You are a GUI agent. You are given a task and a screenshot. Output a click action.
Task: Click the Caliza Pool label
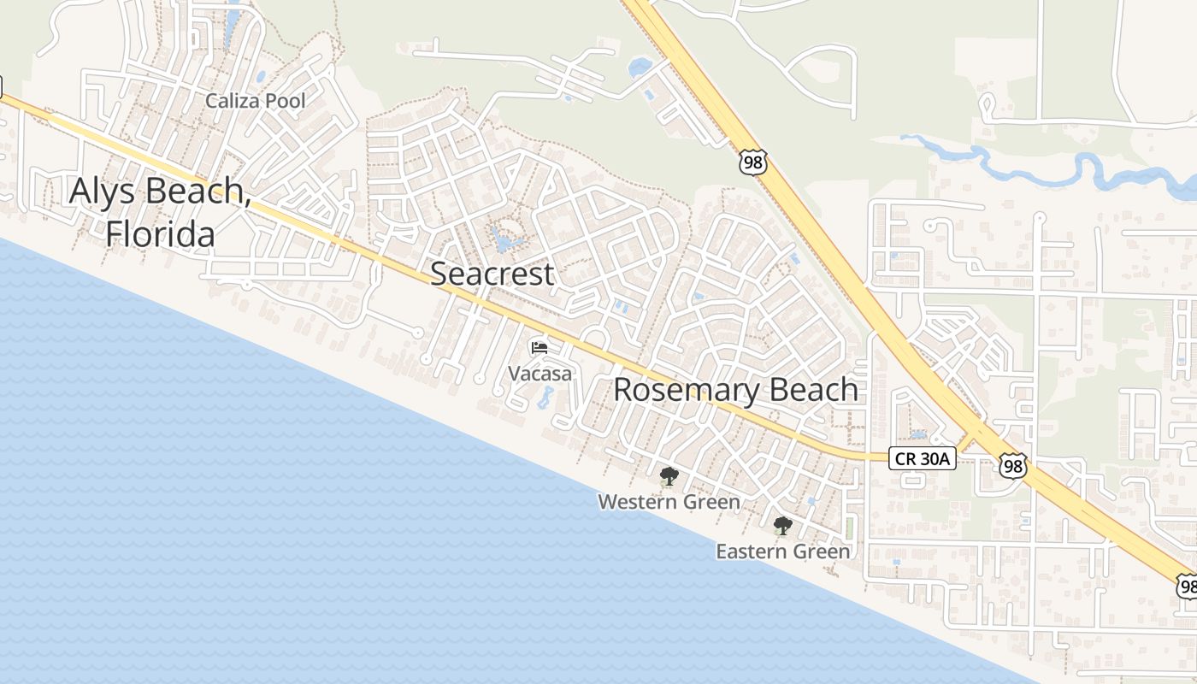(255, 101)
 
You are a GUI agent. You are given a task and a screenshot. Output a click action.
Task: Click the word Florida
(160, 233)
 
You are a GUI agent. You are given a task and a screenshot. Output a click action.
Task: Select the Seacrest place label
(492, 274)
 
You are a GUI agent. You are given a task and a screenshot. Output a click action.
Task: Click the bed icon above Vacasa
(540, 347)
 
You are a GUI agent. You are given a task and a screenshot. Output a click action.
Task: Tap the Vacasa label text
(540, 374)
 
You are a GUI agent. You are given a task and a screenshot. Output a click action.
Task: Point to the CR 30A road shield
(922, 459)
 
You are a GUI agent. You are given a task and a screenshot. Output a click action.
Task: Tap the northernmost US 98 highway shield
(753, 162)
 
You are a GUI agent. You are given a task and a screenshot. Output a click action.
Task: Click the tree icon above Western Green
(669, 476)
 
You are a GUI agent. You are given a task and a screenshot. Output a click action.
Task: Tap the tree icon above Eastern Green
(782, 526)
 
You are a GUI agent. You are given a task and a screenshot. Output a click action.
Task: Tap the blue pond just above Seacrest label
(506, 242)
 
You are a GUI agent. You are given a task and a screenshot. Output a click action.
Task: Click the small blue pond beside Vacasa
(545, 397)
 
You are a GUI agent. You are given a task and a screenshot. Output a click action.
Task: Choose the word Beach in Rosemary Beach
(812, 390)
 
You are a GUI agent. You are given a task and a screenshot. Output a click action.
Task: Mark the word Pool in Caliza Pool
(285, 101)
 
